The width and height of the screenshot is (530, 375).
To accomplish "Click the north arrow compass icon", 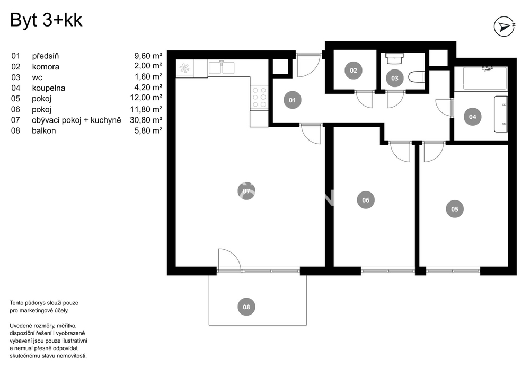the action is click(x=505, y=27).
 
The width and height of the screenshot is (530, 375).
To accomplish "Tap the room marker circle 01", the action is click(x=293, y=100).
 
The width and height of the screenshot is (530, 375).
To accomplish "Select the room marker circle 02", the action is click(x=353, y=71).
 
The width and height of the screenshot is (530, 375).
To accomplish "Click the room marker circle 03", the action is click(x=395, y=78).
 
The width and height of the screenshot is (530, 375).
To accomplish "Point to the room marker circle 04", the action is click(x=473, y=117).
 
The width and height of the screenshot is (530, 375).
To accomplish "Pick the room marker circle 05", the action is click(x=455, y=209).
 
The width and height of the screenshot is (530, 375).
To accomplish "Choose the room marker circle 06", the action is click(x=366, y=200).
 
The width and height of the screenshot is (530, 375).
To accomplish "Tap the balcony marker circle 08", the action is click(x=246, y=307).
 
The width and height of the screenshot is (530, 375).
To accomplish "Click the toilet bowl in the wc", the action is click(x=417, y=77).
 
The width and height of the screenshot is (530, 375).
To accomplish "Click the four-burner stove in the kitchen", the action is click(x=259, y=98).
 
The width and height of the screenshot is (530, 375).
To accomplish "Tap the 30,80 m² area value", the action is click(x=146, y=120).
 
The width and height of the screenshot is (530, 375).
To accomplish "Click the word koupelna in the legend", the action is click(x=49, y=88).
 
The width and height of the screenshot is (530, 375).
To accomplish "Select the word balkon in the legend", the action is click(x=44, y=130).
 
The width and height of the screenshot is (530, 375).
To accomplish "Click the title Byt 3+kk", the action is click(x=46, y=20).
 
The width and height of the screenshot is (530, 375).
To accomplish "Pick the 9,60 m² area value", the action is click(x=148, y=56).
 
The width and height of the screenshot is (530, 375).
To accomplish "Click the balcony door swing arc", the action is click(x=230, y=260).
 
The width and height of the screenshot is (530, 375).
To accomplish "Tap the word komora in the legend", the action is click(x=46, y=67).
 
